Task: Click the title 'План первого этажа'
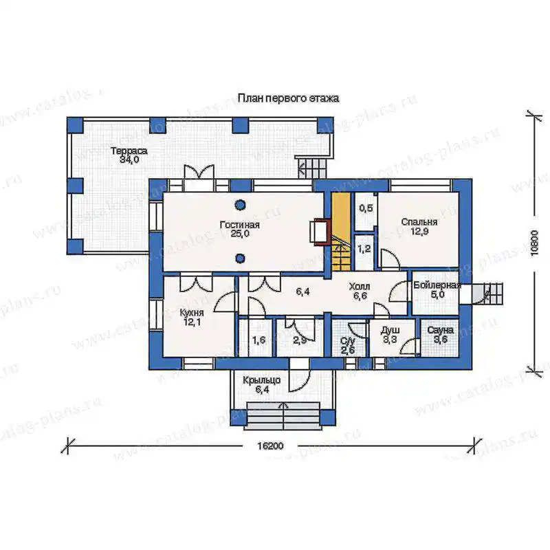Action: click(x=288, y=98)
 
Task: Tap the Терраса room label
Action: click(x=129, y=151)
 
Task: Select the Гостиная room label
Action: click(x=239, y=225)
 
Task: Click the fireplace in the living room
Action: click(x=320, y=231)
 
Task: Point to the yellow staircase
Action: click(x=341, y=232)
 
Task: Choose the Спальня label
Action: click(x=419, y=222)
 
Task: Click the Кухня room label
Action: click(x=192, y=313)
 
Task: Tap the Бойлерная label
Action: click(x=437, y=285)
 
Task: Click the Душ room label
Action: click(x=390, y=331)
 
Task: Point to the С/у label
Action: click(x=348, y=340)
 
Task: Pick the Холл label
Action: click(x=360, y=287)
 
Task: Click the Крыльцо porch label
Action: click(x=262, y=380)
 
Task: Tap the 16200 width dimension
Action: click(x=270, y=446)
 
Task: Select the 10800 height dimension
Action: click(x=534, y=243)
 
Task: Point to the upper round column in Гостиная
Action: click(x=240, y=204)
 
